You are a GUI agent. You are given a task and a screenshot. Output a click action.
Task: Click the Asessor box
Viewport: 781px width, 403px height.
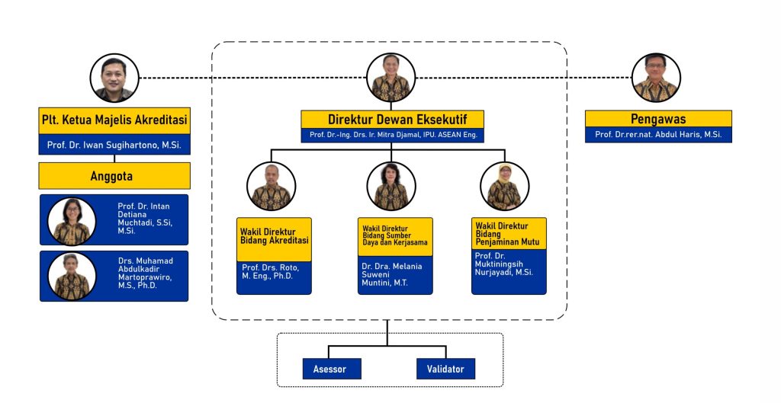pyautogui.click(x=329, y=369)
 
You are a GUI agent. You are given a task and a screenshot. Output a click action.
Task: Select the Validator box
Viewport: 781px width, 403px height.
pyautogui.click(x=446, y=369)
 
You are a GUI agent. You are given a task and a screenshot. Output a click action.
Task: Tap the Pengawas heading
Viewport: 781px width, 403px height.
pyautogui.click(x=658, y=119)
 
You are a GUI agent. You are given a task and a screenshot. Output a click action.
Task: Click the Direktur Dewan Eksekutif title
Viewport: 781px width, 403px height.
pyautogui.click(x=392, y=119)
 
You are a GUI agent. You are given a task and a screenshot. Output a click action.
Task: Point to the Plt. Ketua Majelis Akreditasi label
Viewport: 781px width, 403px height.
pyautogui.click(x=114, y=120)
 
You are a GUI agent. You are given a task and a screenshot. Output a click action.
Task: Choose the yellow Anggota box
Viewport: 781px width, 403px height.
pyautogui.click(x=114, y=176)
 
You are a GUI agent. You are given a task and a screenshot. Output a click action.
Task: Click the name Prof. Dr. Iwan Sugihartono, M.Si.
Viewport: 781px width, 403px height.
pyautogui.click(x=114, y=145)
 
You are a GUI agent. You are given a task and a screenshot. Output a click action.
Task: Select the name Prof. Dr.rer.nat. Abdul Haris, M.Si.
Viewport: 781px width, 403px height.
pyautogui.click(x=658, y=135)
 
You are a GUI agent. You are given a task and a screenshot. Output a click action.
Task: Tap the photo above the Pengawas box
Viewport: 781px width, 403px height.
pyautogui.click(x=656, y=78)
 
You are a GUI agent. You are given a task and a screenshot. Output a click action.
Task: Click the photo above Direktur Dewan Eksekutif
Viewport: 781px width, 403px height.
pyautogui.click(x=390, y=78)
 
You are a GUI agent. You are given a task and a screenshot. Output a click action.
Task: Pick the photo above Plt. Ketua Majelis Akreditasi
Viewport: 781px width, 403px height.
pyautogui.click(x=114, y=78)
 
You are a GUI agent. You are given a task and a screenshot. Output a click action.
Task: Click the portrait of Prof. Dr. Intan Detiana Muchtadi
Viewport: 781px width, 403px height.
pyautogui.click(x=72, y=221)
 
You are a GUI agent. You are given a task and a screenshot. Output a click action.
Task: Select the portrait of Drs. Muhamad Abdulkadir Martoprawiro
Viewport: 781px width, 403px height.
pyautogui.click(x=72, y=276)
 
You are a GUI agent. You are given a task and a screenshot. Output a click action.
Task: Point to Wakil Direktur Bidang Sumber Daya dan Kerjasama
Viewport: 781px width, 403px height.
pyautogui.click(x=395, y=236)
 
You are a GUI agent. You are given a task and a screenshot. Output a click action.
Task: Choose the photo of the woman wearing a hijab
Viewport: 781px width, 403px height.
pyautogui.click(x=505, y=187)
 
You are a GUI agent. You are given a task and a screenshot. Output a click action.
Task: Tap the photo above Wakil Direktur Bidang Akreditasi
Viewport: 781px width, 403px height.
pyautogui.click(x=272, y=187)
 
